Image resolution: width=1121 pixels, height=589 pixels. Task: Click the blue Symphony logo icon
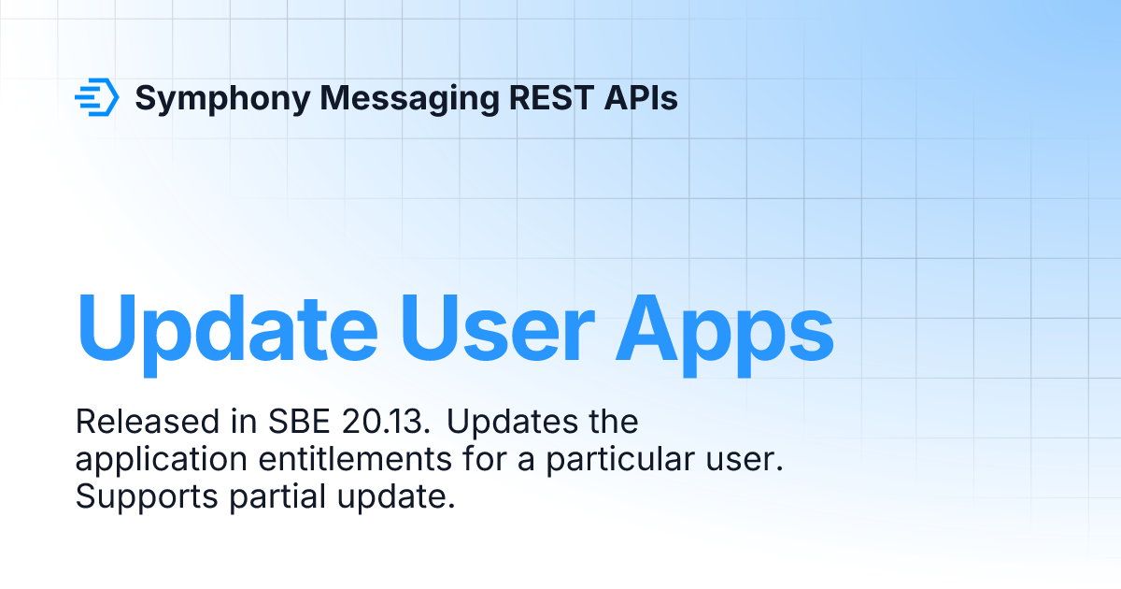coord(96,97)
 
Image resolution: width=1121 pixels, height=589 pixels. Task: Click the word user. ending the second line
coord(747,460)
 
